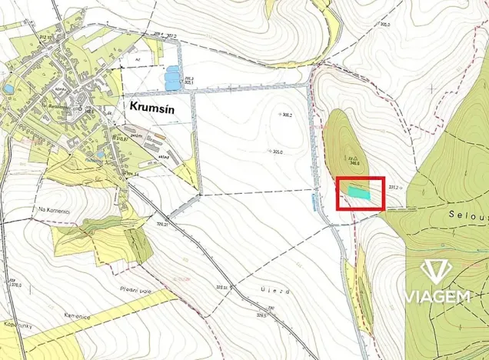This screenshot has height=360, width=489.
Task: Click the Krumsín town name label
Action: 152,107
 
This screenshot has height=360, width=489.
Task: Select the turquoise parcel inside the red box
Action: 358,192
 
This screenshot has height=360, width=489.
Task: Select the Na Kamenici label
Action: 53,208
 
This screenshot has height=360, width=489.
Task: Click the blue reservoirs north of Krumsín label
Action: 173,77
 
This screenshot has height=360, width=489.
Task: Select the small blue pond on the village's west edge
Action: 8,89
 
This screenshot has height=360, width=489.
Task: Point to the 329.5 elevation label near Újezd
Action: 261,315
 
